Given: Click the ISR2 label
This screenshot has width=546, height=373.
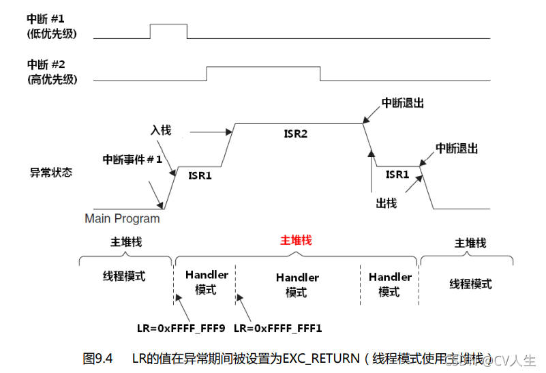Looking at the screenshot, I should click(x=295, y=134).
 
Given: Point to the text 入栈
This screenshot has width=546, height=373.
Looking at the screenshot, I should click(x=160, y=129).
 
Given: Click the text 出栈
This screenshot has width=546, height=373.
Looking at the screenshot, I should click(x=386, y=203).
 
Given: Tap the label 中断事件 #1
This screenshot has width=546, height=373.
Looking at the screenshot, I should click(x=132, y=159).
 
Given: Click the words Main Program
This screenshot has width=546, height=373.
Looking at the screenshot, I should click(x=122, y=219).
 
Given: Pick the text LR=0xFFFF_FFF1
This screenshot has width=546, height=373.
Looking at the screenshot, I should click(x=277, y=329).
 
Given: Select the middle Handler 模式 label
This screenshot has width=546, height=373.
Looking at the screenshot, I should click(x=297, y=285).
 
